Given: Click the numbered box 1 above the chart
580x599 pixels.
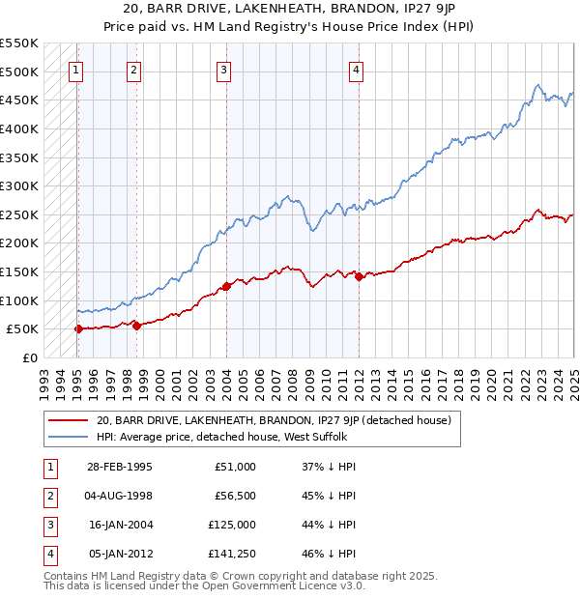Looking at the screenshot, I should (x=75, y=69).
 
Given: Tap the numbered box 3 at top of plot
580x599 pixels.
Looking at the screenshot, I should (x=223, y=69).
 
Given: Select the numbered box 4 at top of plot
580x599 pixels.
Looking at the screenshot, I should (x=357, y=69).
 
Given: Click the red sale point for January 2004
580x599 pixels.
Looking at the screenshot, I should (x=226, y=286).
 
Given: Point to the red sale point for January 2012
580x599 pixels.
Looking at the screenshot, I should (x=359, y=276).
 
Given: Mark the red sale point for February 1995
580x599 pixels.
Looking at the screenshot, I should (x=78, y=328).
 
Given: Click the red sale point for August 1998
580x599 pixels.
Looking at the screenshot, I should (x=136, y=326).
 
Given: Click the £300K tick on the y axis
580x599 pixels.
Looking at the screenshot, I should (x=18, y=185).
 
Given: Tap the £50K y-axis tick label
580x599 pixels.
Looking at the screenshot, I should (x=22, y=329).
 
